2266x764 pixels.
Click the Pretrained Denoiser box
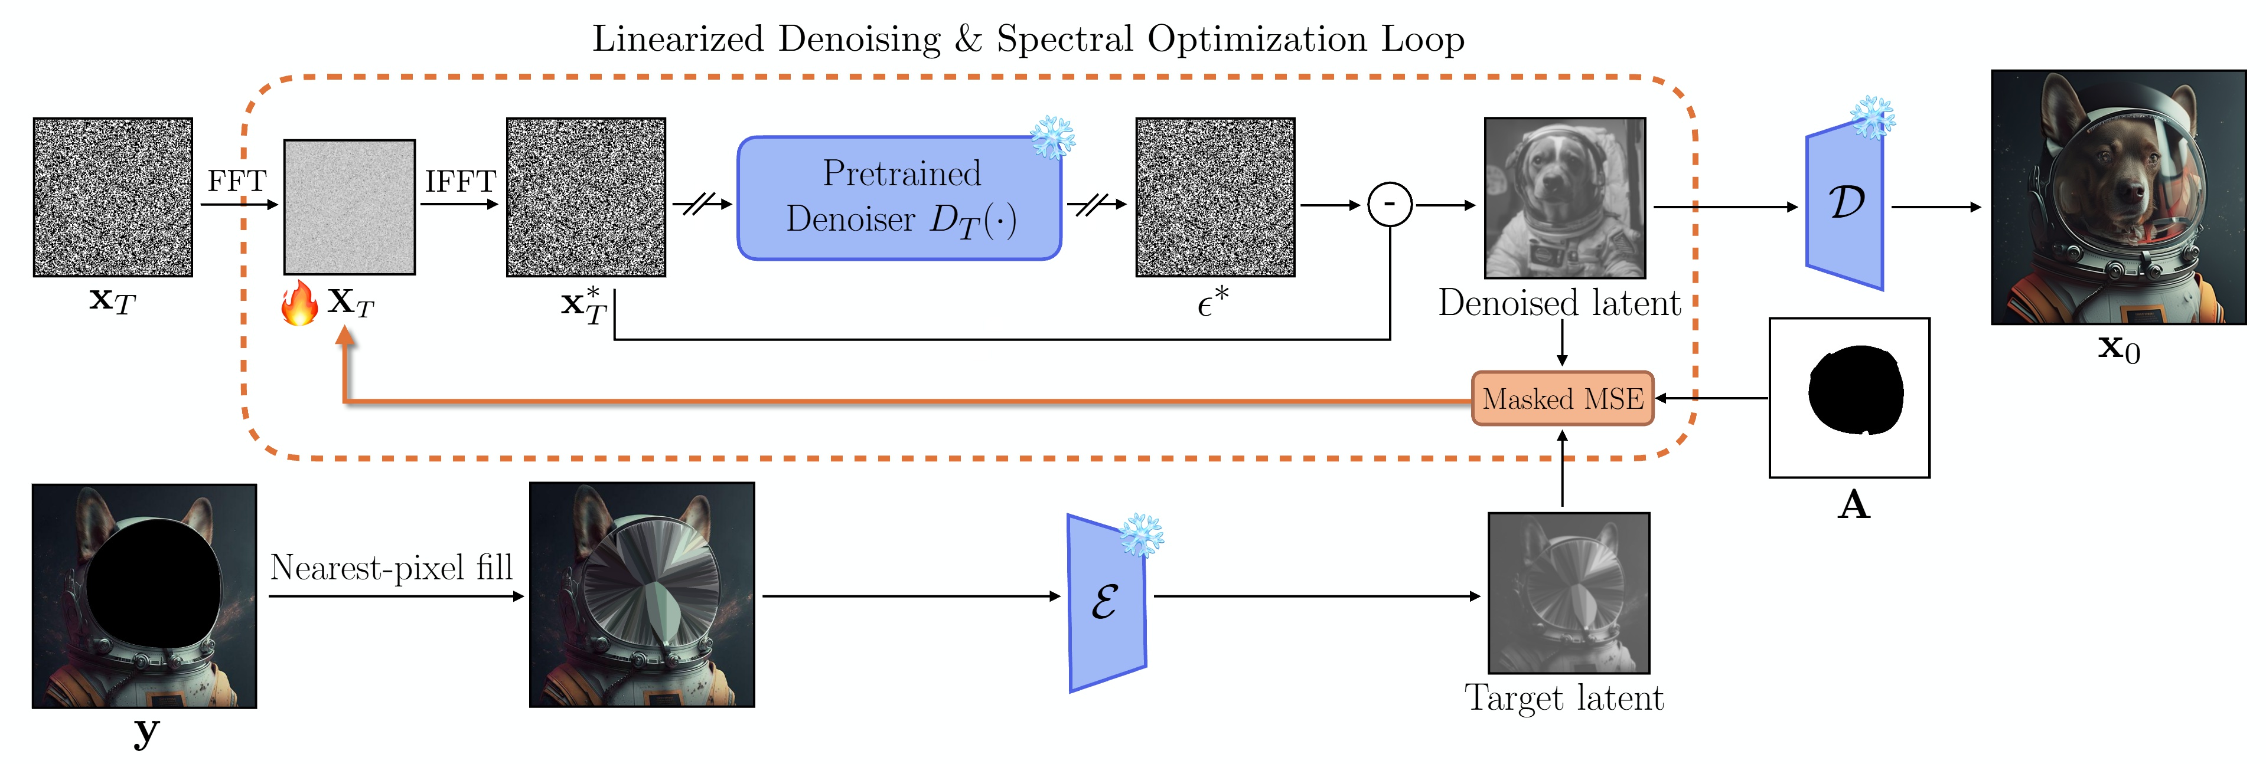(899, 198)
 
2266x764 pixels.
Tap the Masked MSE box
(1562, 398)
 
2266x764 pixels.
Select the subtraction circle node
(1390, 205)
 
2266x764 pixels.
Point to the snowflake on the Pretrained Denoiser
(1053, 137)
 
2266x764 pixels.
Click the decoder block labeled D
(1845, 205)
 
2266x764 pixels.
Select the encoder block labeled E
(1106, 603)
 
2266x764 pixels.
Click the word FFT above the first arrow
(237, 181)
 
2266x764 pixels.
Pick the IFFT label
(460, 181)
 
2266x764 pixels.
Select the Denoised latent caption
(1559, 303)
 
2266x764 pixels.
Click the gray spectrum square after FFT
(349, 206)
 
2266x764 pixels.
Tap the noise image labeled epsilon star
(1215, 197)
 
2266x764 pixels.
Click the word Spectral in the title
(1064, 40)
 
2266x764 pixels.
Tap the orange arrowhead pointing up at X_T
(345, 335)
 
